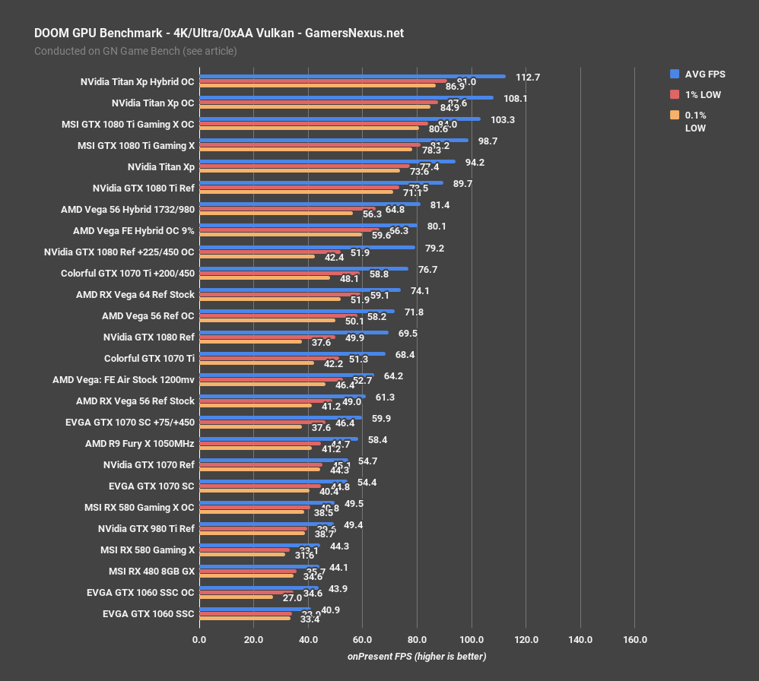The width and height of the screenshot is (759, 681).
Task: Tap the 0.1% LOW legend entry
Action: point(695,122)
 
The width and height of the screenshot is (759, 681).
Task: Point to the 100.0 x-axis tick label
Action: point(472,639)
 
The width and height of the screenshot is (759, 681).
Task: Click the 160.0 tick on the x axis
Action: point(635,639)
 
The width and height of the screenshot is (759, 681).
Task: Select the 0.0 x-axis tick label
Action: point(199,639)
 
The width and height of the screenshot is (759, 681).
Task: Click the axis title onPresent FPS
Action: point(417,656)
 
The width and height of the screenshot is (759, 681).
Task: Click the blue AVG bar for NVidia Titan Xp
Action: point(327,161)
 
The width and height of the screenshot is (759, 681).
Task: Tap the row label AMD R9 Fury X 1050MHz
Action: point(140,443)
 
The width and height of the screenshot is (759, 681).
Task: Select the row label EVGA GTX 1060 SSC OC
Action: point(141,592)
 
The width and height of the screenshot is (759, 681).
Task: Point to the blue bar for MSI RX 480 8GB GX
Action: point(259,565)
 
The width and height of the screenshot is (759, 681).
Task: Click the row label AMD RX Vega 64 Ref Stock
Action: point(135,294)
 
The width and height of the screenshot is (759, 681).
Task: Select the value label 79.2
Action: point(436,248)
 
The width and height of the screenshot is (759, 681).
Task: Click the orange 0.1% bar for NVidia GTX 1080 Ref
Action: point(251,341)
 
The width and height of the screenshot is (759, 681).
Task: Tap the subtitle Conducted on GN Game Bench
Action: point(135,51)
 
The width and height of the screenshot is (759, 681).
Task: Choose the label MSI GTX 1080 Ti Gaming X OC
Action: point(128,124)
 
